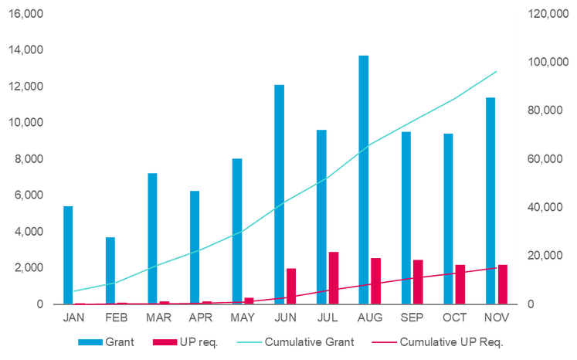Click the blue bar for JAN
coord(69,253)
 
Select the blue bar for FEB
coord(110,270)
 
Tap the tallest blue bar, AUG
coord(364,178)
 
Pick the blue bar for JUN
coord(280,193)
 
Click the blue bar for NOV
coord(490,199)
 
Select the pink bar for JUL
coord(334,277)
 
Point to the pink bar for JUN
coord(292,284)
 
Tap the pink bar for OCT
coord(460,283)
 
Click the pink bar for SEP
coord(419,280)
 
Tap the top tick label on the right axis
coord(543,15)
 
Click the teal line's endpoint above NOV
coord(496,71)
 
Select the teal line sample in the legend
coord(242,341)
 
